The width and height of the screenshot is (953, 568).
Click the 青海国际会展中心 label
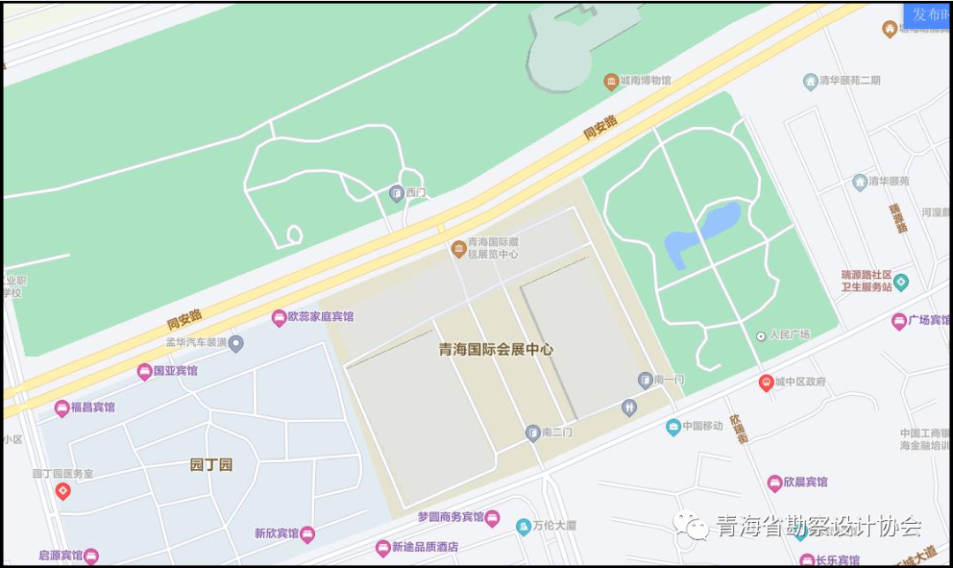coord(496,349)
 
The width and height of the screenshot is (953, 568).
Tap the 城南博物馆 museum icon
coord(611,81)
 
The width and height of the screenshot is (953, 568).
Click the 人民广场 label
coord(789,335)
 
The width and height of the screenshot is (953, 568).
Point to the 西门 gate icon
coord(396,193)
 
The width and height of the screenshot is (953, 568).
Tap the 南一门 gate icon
coord(645,380)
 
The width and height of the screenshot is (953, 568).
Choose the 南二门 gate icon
coord(532,432)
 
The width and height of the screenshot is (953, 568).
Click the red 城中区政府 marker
coord(766,382)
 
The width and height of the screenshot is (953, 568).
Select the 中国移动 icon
coord(673,427)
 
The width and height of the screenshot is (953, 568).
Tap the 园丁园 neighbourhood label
coord(212,465)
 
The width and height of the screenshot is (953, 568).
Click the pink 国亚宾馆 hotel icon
coord(144,372)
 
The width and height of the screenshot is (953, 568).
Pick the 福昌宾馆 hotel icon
coord(62,408)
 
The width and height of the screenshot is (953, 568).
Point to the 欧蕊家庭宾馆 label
coord(320,316)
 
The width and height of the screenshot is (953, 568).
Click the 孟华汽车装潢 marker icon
coord(236,344)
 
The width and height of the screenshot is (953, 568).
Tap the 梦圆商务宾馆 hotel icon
coord(492,518)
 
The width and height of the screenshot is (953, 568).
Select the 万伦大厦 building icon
coord(523,526)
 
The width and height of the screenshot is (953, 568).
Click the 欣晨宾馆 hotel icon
coord(775,482)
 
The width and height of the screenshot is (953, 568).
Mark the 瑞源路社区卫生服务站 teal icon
coord(901,283)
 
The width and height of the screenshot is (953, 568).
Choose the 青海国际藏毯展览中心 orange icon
coord(458,248)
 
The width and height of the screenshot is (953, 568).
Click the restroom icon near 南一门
coord(628,407)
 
